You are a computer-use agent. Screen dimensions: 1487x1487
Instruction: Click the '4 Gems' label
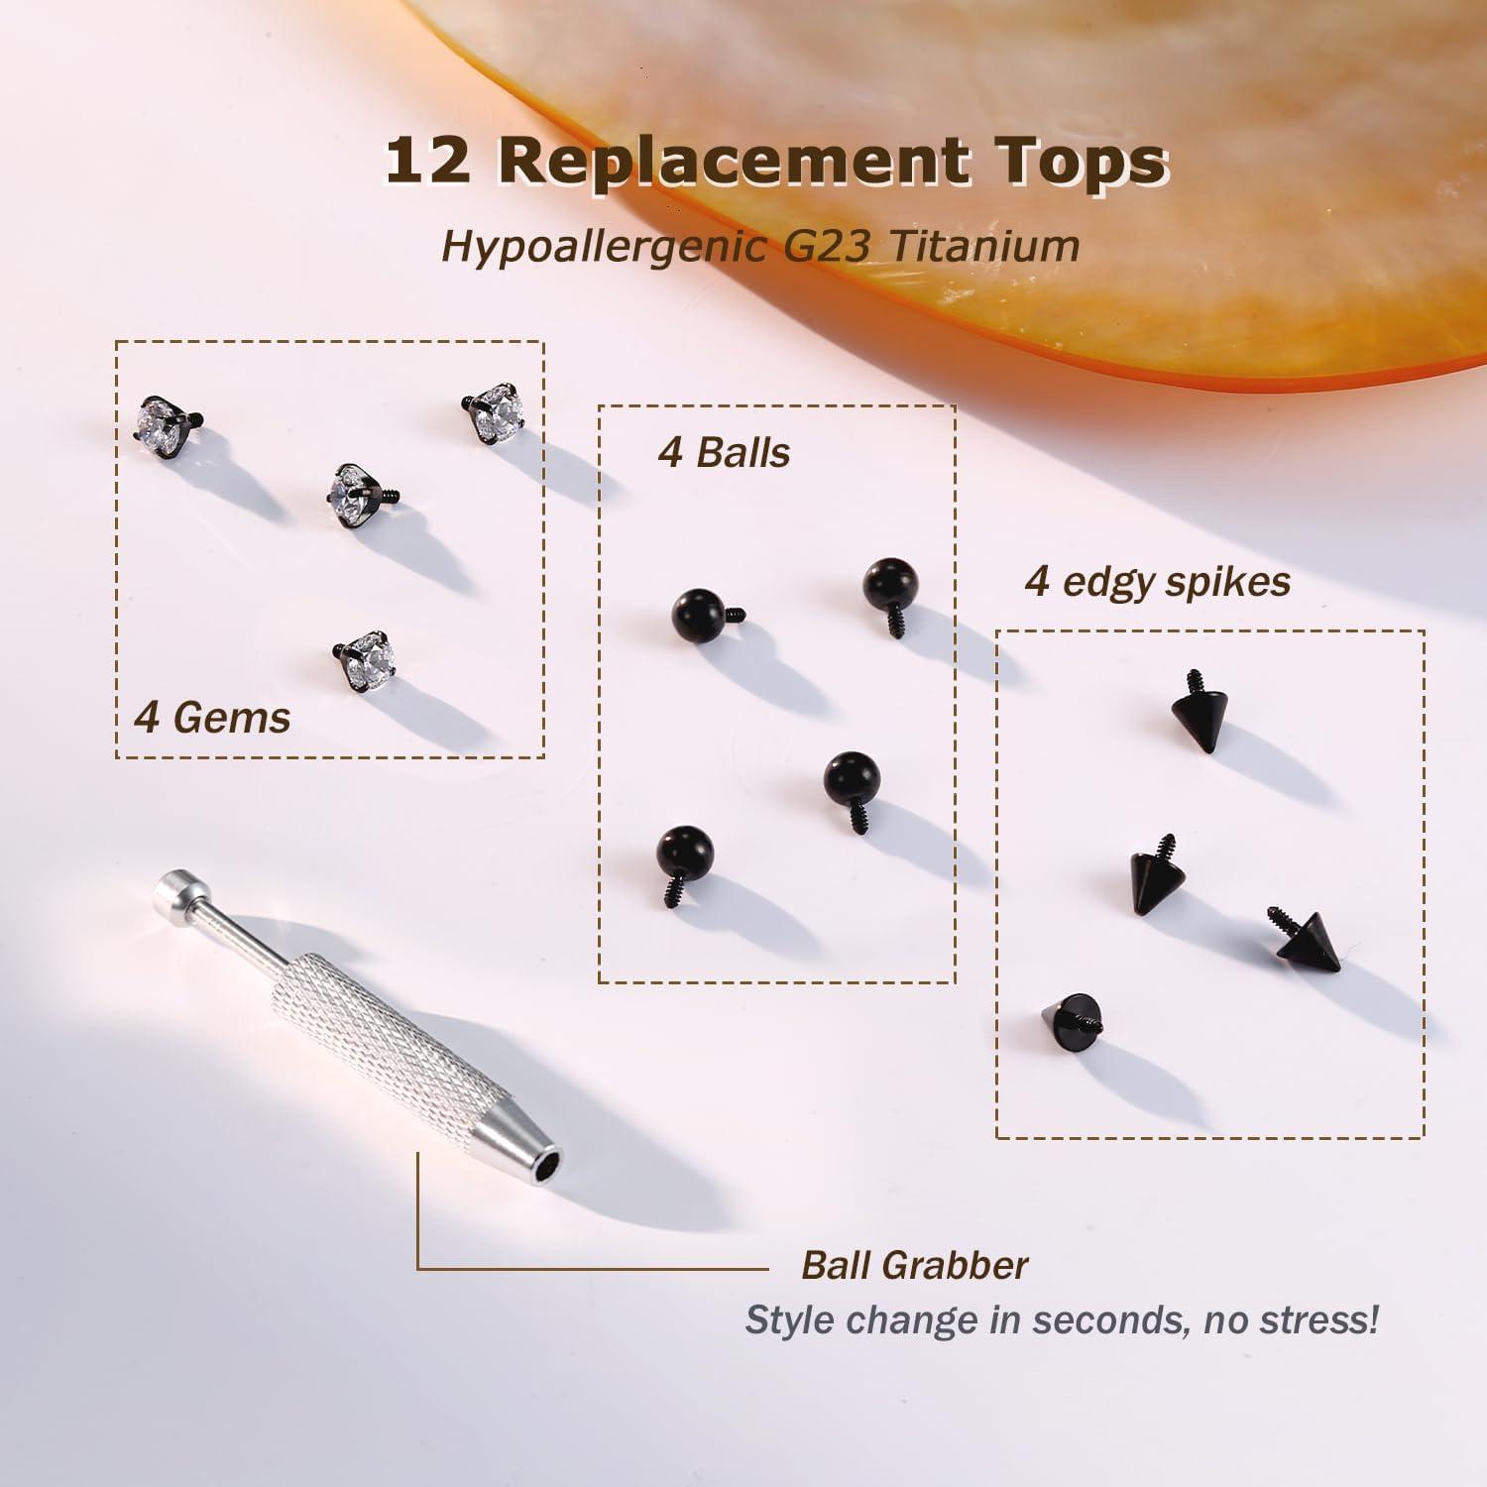click(x=212, y=717)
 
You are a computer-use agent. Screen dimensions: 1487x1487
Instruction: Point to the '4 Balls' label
click(x=724, y=453)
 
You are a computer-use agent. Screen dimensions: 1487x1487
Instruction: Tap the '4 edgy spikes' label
click(x=1157, y=581)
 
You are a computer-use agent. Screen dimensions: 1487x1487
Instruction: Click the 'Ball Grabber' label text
click(x=914, y=1266)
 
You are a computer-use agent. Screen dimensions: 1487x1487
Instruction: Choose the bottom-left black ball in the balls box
click(x=685, y=859)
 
